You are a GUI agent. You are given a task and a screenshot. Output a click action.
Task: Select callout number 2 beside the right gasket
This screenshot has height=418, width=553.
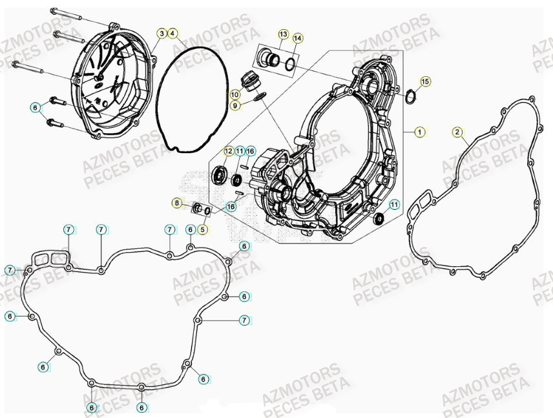pos(457,132)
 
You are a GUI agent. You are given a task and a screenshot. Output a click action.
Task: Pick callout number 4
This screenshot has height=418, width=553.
pos(173,33)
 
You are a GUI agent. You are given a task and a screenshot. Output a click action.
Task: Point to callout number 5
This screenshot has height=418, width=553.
pos(203,228)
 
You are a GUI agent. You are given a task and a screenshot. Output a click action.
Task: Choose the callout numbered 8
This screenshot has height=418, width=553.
pos(177,203)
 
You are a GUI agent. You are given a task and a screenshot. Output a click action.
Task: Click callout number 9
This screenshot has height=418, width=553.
pos(236,105)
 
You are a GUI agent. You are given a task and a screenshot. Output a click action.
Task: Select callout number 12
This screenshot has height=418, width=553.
pos(228,151)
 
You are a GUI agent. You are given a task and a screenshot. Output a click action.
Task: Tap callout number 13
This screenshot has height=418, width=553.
pos(284,34)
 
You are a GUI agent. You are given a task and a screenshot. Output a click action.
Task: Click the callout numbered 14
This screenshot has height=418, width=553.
pos(297,39)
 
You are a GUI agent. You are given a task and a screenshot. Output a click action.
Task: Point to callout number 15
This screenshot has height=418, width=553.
pos(425,81)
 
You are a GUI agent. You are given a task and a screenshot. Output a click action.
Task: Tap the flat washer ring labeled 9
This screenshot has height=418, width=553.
pos(260,98)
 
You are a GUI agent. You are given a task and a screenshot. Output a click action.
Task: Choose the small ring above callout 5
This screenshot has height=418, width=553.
pos(207,211)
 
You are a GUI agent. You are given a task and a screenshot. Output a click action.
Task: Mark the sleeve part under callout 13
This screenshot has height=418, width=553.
pos(267,60)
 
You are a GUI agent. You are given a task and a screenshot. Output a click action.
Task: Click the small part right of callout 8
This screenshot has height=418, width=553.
pos(196,208)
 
